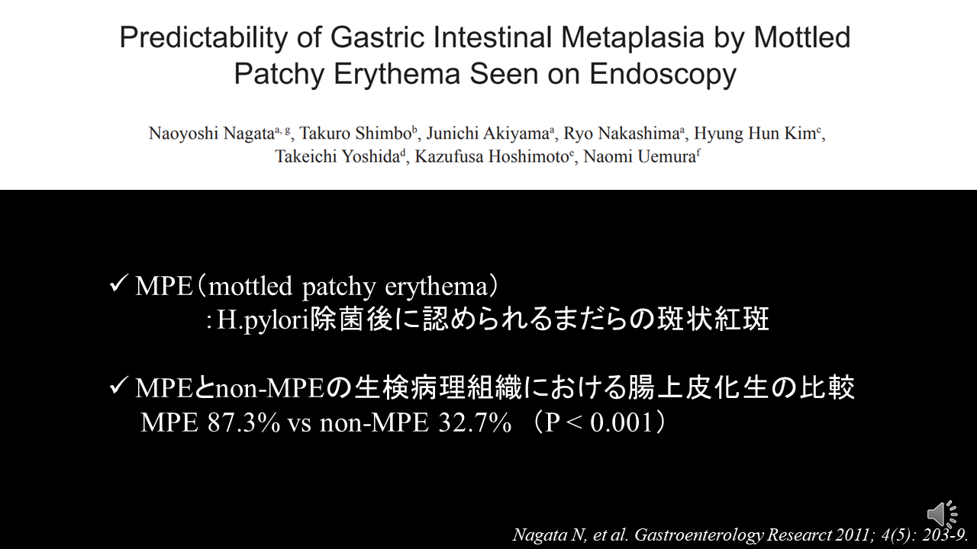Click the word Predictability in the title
pyautogui.click(x=204, y=38)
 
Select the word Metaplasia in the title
pyautogui.click(x=633, y=37)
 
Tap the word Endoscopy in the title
pyautogui.click(x=663, y=74)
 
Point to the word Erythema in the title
pyautogui.click(x=397, y=74)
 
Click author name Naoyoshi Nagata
pyautogui.click(x=211, y=133)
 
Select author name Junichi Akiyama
pyautogui.click(x=488, y=133)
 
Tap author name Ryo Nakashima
pyautogui.click(x=621, y=133)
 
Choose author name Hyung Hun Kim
pyautogui.click(x=755, y=133)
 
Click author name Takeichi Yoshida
pyautogui.click(x=337, y=156)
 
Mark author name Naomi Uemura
pyautogui.click(x=639, y=156)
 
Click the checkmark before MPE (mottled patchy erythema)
pyautogui.click(x=118, y=284)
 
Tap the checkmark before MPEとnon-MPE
pyautogui.click(x=118, y=386)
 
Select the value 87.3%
pyautogui.click(x=243, y=422)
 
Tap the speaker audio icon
pyautogui.click(x=942, y=514)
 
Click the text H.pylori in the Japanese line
pyautogui.click(x=263, y=320)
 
